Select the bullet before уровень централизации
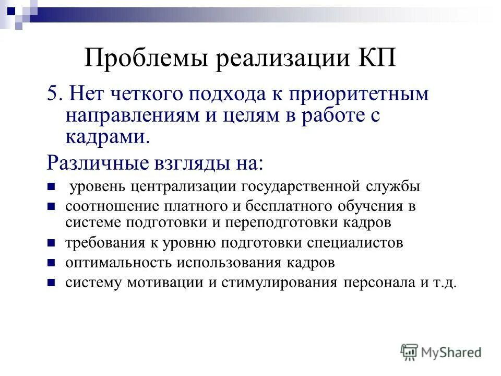point(52,186)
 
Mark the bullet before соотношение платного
point(52,206)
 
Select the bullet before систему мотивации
point(52,283)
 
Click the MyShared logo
point(441,352)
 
